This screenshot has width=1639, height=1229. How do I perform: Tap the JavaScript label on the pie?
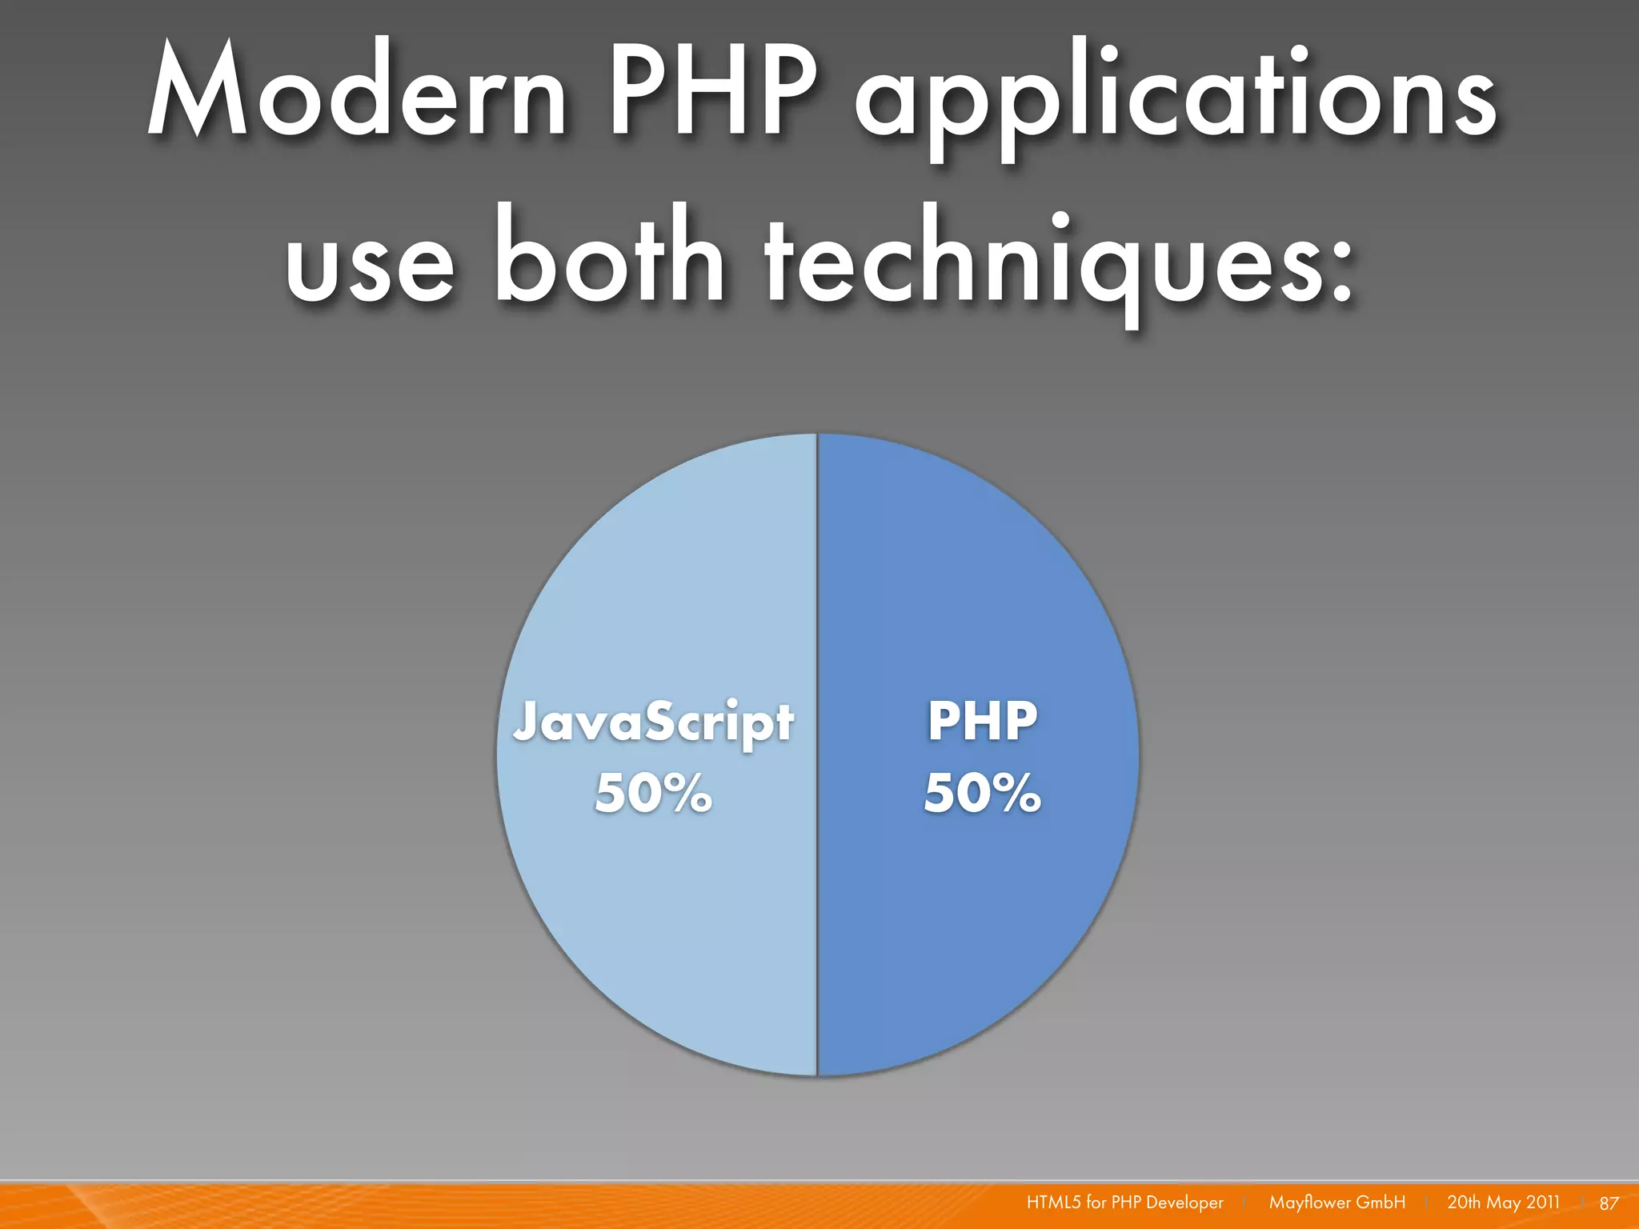click(653, 722)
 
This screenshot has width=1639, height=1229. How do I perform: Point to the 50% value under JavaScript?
click(653, 793)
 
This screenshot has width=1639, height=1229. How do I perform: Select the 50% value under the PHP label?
click(982, 793)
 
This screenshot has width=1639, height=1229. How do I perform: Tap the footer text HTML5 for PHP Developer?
click(1124, 1203)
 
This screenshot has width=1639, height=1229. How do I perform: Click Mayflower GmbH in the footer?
click(1336, 1203)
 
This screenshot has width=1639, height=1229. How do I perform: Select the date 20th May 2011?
click(1503, 1203)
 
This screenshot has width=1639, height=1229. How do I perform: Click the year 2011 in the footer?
click(1542, 1203)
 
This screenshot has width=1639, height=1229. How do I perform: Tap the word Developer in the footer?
click(1184, 1203)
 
